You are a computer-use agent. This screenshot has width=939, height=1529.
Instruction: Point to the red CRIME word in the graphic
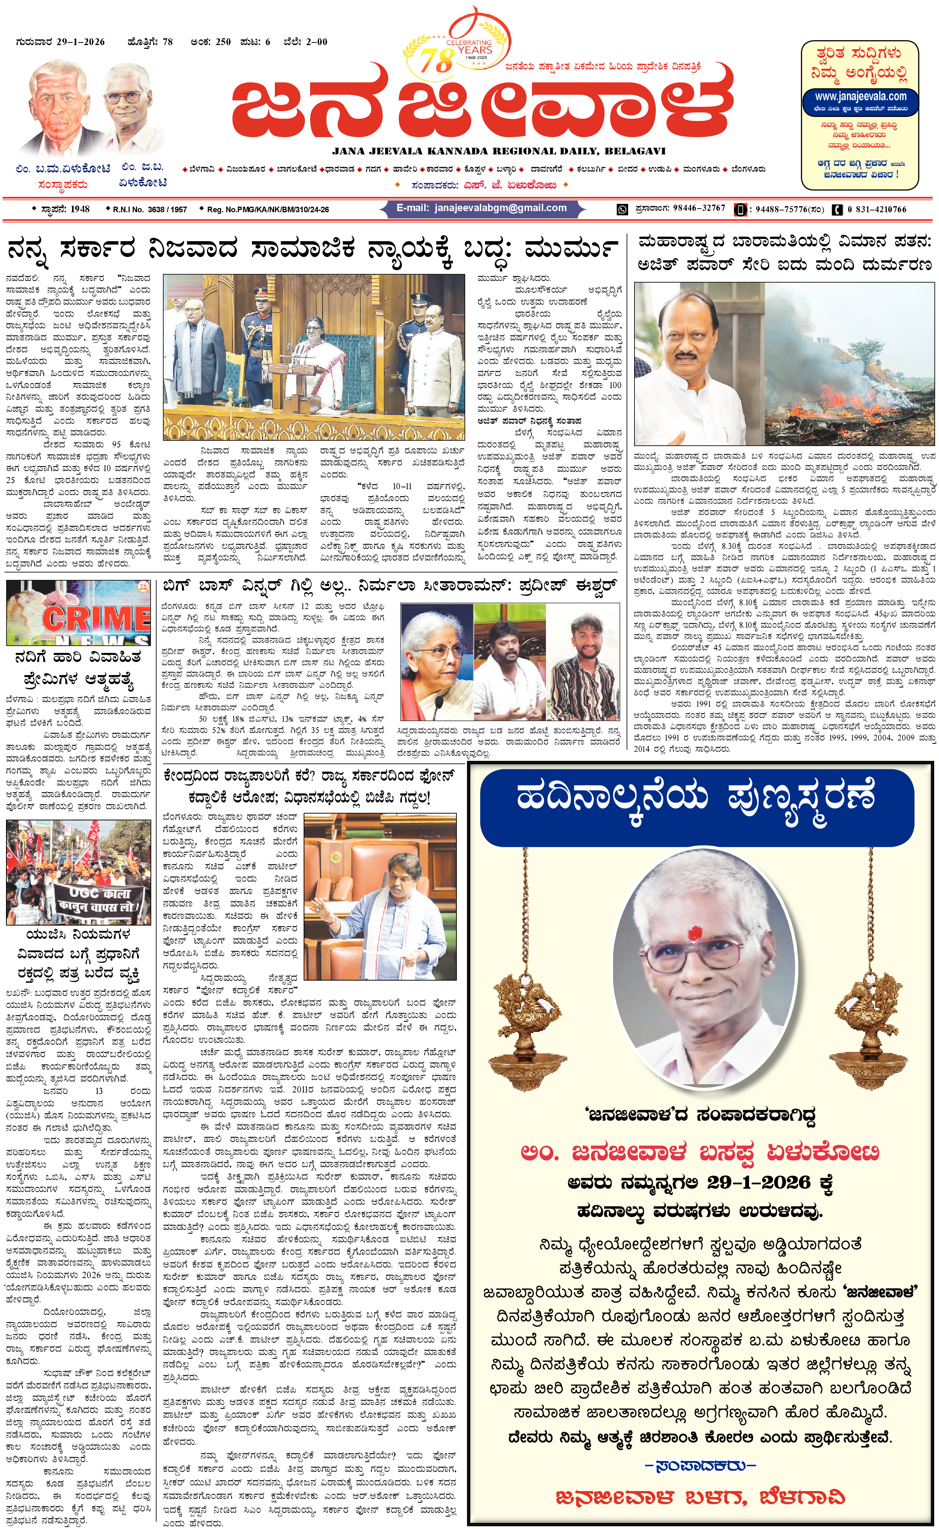pyautogui.click(x=96, y=618)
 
